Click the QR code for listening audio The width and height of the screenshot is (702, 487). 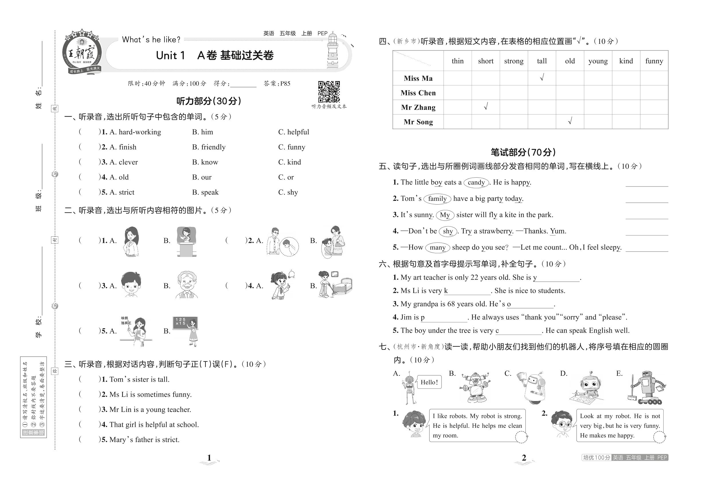click(329, 92)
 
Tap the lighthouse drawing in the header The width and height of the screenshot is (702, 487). click(333, 51)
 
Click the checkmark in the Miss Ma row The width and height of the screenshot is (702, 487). click(542, 78)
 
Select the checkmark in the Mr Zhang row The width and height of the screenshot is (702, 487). click(486, 107)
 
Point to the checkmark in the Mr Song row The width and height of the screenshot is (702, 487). click(570, 121)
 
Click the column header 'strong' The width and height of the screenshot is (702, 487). click(514, 61)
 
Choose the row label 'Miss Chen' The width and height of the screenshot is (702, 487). click(418, 93)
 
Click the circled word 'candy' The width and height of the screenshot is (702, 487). click(476, 182)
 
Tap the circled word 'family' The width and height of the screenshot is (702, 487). click(437, 199)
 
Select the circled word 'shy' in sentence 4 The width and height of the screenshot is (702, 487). click(448, 231)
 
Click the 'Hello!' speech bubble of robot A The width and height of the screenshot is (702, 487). click(429, 382)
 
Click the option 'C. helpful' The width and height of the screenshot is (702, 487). click(293, 132)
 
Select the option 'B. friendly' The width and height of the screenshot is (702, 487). click(209, 147)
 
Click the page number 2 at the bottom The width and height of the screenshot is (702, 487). click(524, 458)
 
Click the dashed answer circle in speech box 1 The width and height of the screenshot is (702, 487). click(521, 437)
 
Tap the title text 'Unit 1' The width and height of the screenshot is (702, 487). click(170, 56)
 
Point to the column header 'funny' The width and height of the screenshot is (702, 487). click(654, 61)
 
